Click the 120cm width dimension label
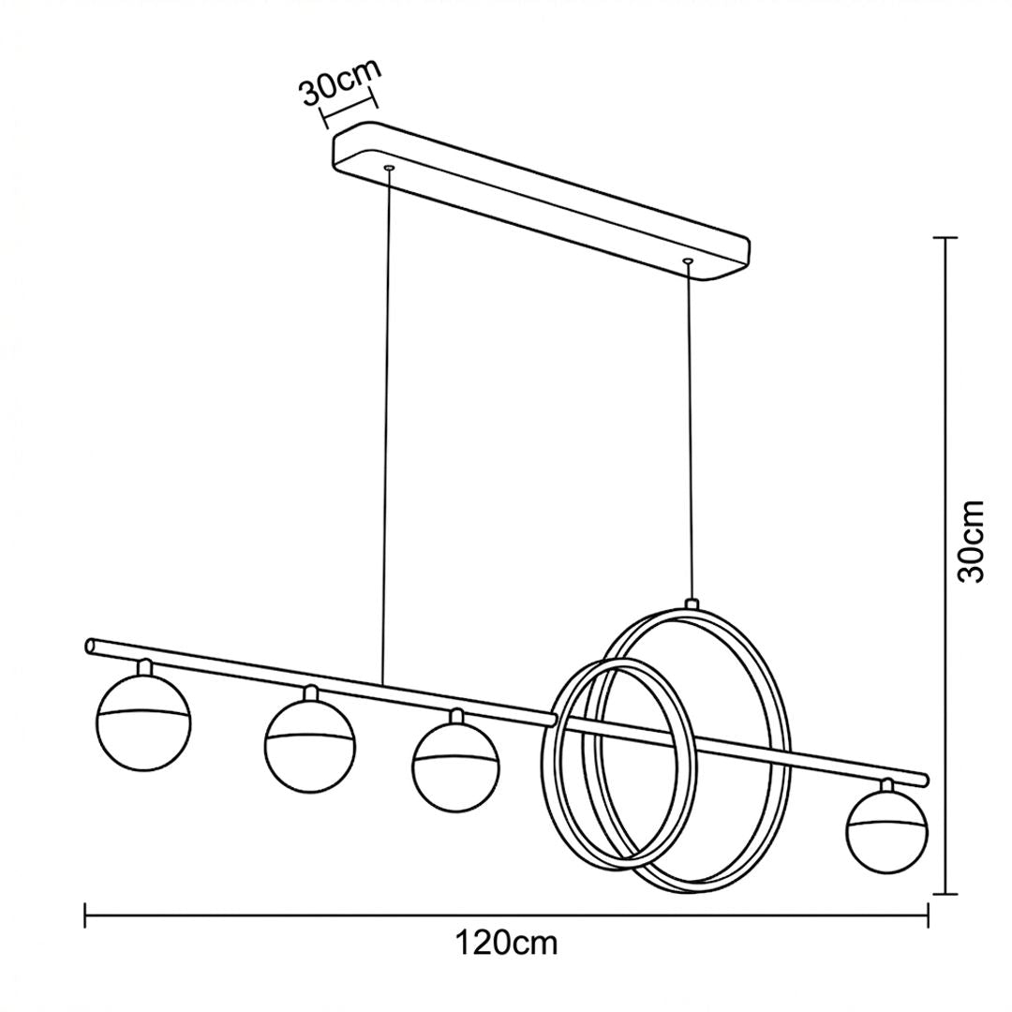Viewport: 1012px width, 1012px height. pyautogui.click(x=506, y=944)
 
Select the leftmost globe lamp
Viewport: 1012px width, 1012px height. pyautogui.click(x=143, y=723)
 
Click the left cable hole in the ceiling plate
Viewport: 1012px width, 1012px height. pyautogui.click(x=389, y=169)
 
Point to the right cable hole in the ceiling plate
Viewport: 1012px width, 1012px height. pyautogui.click(x=688, y=260)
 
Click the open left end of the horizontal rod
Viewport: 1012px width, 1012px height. pyautogui.click(x=90, y=646)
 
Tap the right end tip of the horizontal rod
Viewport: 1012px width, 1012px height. pyautogui.click(x=927, y=779)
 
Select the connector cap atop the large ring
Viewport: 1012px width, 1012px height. pyautogui.click(x=692, y=604)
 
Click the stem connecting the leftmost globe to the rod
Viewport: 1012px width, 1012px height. pyautogui.click(x=145, y=667)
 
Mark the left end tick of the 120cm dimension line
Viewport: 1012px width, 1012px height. pyautogui.click(x=85, y=915)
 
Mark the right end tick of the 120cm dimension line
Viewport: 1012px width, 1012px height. pyautogui.click(x=928, y=915)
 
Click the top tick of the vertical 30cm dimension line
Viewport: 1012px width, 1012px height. pyautogui.click(x=945, y=238)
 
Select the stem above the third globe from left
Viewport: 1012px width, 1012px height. pyautogui.click(x=457, y=716)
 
